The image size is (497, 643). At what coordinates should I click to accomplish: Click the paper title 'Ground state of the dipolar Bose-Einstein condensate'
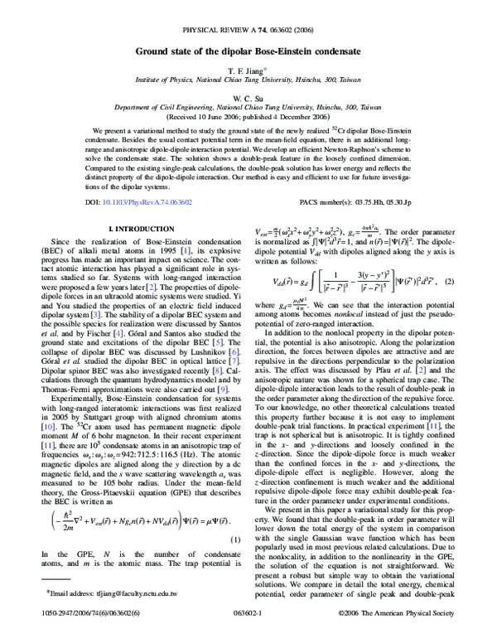click(x=248, y=50)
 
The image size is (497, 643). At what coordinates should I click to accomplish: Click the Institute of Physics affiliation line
click(x=248, y=84)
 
